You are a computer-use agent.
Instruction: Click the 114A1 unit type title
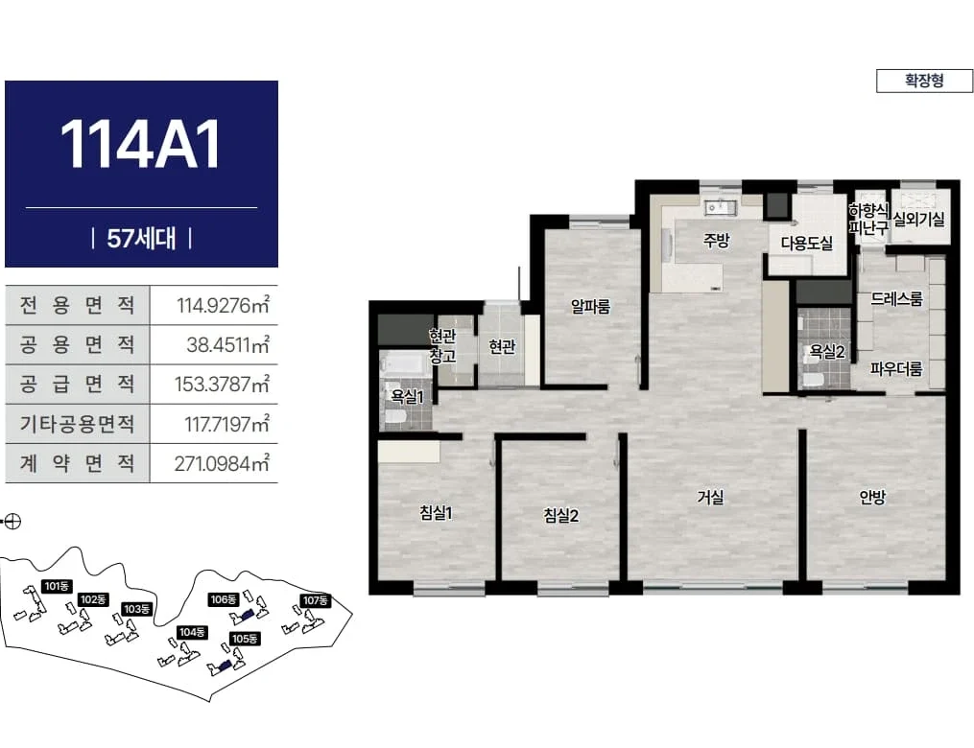pos(140,144)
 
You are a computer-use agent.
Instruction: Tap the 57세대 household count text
pos(141,238)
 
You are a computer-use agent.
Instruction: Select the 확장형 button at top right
pos(924,81)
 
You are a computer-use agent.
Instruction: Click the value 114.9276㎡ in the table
pos(223,305)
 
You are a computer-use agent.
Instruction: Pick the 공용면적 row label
pos(77,344)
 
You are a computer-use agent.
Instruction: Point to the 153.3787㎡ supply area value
pos(222,384)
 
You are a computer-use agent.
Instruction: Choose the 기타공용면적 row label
pos(77,423)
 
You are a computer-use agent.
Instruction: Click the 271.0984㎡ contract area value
pos(222,463)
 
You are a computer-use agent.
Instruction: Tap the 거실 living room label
pos(710,497)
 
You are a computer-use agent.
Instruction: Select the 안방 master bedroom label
pos(872,497)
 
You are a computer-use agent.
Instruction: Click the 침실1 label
pos(436,513)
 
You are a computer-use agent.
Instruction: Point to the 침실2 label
pos(561,515)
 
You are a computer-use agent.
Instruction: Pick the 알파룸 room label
pos(591,306)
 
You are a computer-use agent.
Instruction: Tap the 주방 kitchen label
pos(716,241)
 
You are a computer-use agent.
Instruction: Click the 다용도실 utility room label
pos(807,243)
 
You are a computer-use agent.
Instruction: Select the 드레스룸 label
pos(897,298)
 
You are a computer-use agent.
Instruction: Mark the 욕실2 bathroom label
pos(827,352)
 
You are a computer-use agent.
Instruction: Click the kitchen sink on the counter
pos(721,207)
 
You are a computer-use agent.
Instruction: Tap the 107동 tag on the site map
pos(316,600)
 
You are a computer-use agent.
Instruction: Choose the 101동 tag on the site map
pos(57,586)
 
